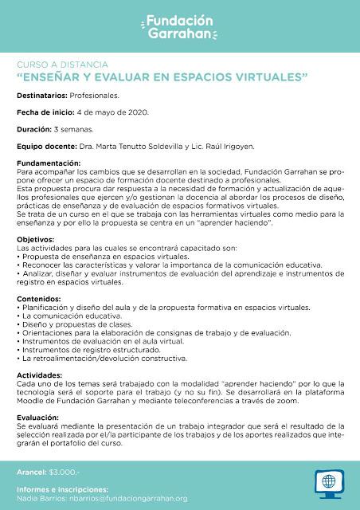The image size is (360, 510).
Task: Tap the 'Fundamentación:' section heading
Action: (48, 163)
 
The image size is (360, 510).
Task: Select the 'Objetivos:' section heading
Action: (35, 238)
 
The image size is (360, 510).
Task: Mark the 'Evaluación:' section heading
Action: (37, 417)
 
